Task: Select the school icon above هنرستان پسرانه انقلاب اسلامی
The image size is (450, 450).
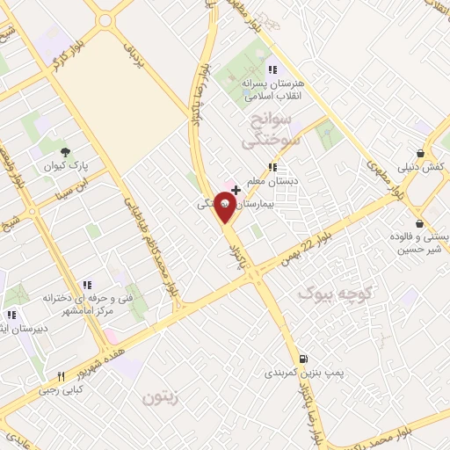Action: coord(272,69)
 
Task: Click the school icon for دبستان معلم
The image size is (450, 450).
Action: coord(272,165)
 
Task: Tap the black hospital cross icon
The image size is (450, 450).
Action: coord(236,189)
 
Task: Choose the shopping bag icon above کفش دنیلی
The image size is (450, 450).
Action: coord(428,150)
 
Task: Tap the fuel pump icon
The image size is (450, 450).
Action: coord(304,358)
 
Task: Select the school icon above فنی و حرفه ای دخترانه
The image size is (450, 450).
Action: coord(86,284)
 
